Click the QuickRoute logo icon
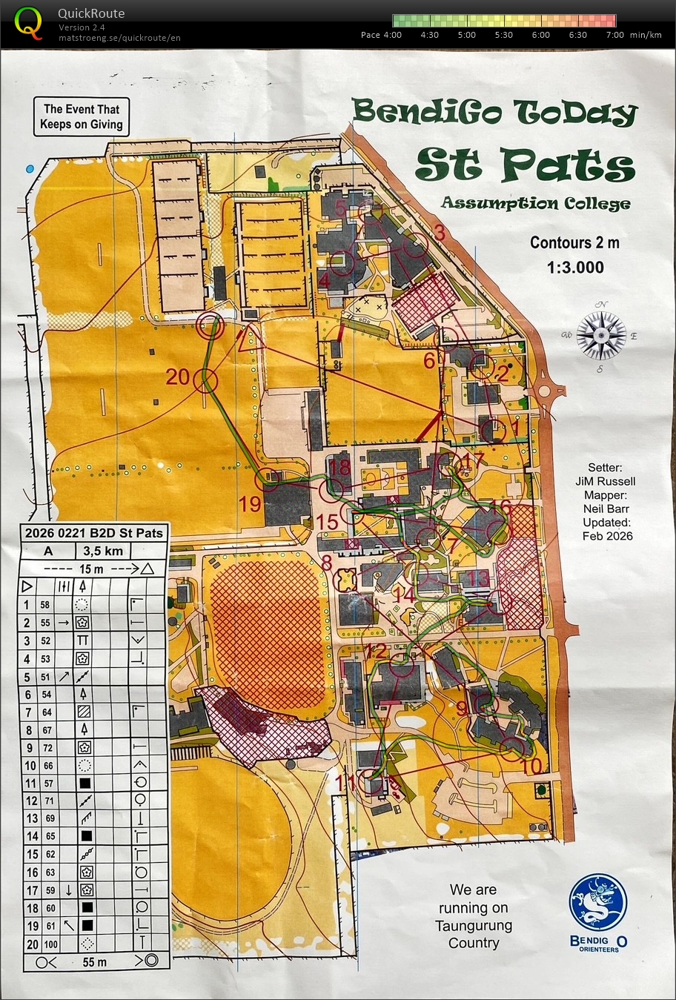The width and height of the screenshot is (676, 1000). click(29, 21)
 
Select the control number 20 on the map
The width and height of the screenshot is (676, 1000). click(178, 377)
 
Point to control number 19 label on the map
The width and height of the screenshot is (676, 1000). click(251, 504)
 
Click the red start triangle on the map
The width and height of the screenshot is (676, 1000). click(251, 340)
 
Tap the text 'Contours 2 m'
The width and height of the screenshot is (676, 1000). click(574, 242)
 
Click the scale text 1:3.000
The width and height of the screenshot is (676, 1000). click(576, 268)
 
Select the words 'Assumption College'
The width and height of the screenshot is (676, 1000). click(535, 203)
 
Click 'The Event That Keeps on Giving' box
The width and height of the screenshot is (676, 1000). click(82, 117)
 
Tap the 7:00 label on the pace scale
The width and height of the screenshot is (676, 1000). click(614, 35)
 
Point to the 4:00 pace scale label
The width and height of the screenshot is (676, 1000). click(391, 35)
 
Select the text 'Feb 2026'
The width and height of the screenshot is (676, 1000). click(607, 536)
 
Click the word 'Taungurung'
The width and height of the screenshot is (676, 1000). click(473, 925)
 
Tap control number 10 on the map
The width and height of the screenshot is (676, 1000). click(531, 766)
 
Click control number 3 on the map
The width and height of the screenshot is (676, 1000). click(439, 233)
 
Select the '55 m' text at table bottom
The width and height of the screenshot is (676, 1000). click(94, 962)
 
